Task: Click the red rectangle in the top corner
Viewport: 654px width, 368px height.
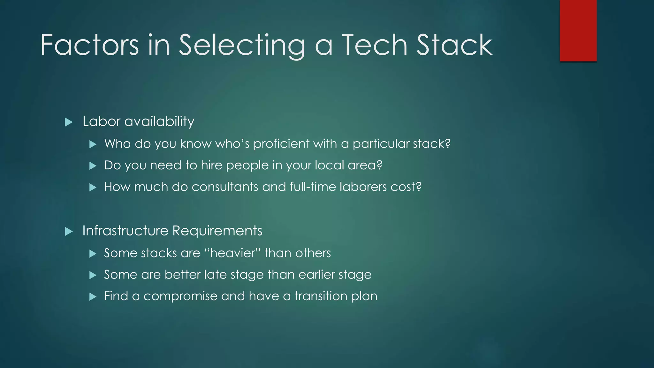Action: click(x=578, y=31)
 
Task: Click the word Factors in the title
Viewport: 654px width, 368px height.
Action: click(x=90, y=45)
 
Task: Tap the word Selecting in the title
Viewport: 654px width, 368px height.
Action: click(x=242, y=46)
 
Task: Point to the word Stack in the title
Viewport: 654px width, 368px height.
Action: click(x=454, y=45)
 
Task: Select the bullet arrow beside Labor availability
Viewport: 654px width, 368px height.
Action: click(x=69, y=122)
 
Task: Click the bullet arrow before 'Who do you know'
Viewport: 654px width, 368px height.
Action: click(x=93, y=144)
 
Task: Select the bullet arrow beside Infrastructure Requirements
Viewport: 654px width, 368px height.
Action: click(x=69, y=231)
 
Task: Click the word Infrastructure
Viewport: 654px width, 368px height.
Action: click(x=125, y=231)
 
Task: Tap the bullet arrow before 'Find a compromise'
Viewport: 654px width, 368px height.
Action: click(x=93, y=297)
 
